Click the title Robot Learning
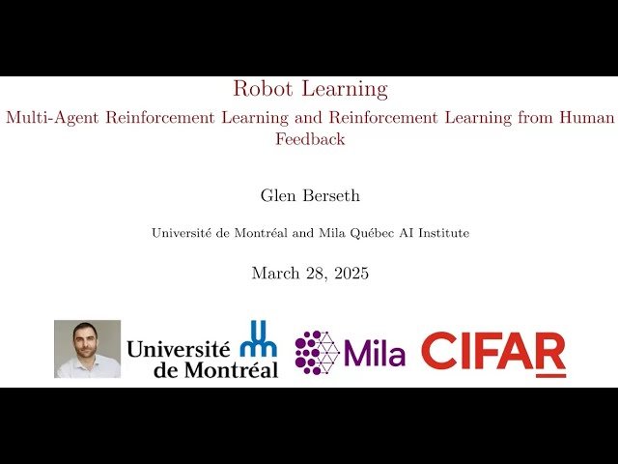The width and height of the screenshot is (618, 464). click(x=310, y=90)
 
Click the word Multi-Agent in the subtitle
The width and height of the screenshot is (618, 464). click(x=44, y=118)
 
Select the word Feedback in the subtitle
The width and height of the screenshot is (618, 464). click(x=310, y=139)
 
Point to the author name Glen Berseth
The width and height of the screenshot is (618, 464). click(x=310, y=195)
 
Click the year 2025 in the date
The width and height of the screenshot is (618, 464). click(x=350, y=274)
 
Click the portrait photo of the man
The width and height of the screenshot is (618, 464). click(x=87, y=349)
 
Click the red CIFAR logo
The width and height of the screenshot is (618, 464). click(x=493, y=354)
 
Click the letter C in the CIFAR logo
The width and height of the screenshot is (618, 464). click(x=439, y=354)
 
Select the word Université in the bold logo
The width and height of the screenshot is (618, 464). click(x=179, y=348)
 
